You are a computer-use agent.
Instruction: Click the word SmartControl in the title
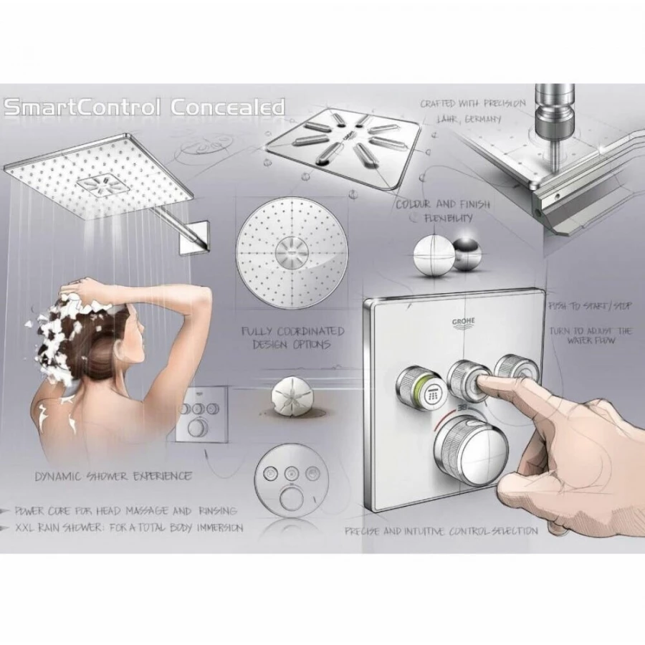pyautogui.click(x=82, y=108)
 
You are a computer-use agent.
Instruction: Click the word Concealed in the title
pyautogui.click(x=227, y=108)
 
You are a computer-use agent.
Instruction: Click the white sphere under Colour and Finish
pyautogui.click(x=433, y=254)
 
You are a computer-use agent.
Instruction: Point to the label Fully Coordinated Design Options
pyautogui.click(x=292, y=338)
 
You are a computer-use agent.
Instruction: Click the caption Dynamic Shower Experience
pyautogui.click(x=114, y=475)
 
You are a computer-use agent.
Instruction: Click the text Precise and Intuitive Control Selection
pyautogui.click(x=441, y=532)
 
